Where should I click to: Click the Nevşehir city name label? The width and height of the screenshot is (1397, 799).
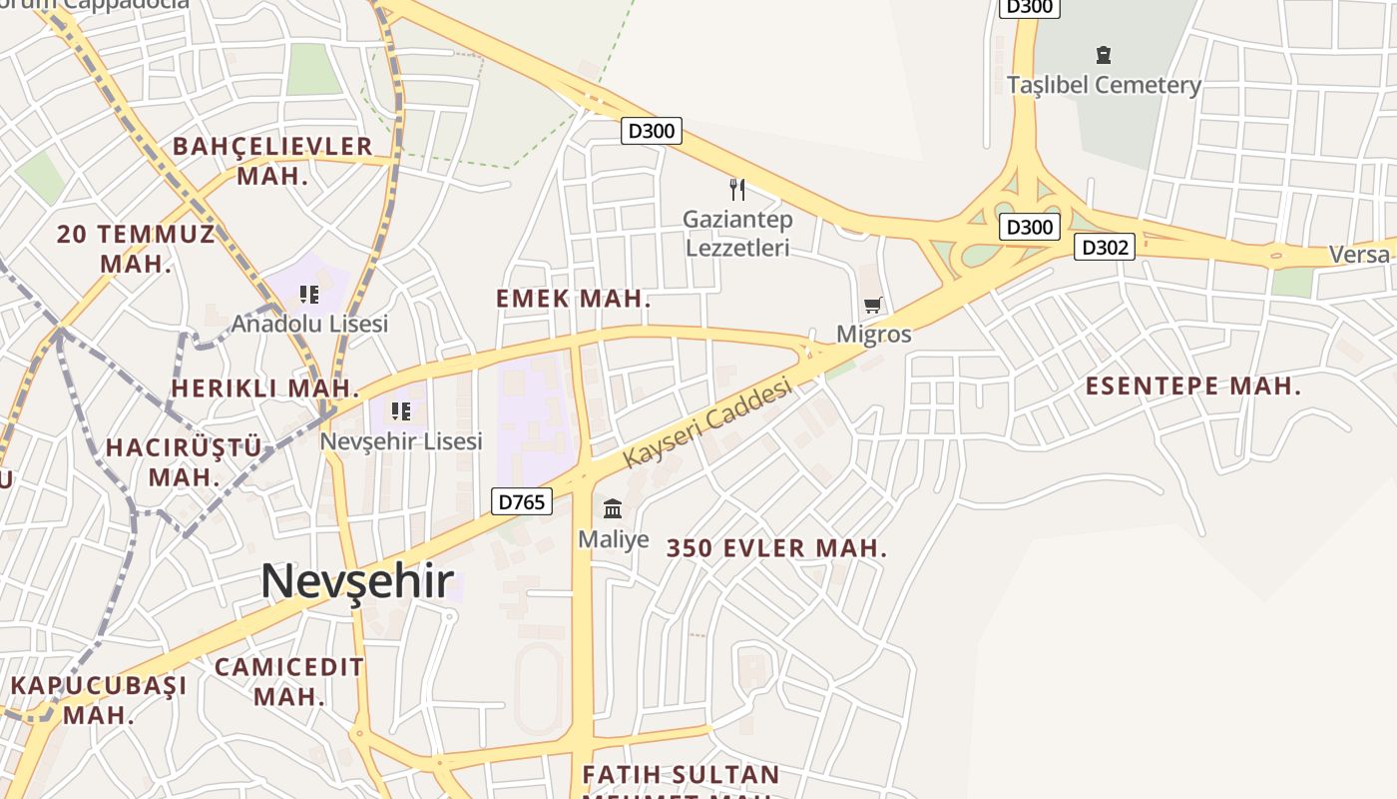point(357,582)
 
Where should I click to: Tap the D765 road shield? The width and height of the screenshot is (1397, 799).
point(522,501)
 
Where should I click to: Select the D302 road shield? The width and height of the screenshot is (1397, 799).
point(1105,247)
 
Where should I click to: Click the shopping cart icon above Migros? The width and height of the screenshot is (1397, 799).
point(873,305)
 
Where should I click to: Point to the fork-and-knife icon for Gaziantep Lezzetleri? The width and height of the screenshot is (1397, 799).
point(737,189)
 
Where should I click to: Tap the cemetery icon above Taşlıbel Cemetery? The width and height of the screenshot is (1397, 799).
point(1103,54)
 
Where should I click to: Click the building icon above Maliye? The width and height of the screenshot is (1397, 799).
point(613,509)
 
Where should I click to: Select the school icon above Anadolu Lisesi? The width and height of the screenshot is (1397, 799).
point(309,295)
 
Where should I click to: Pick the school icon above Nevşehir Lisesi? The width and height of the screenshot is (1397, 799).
point(401,411)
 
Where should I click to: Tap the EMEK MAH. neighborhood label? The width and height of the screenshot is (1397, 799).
point(573,299)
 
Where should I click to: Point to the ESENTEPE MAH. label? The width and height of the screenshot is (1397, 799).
point(1193,387)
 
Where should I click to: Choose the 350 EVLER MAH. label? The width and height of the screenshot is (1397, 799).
point(776,548)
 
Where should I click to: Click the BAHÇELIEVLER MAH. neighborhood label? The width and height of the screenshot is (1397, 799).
point(272,161)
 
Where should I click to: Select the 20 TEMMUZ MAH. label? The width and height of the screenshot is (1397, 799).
point(136,250)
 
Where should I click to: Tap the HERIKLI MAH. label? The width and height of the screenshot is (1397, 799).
point(264,389)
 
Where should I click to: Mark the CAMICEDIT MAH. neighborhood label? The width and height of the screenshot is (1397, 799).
point(289,681)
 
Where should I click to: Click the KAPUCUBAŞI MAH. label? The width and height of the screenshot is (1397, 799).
point(99,700)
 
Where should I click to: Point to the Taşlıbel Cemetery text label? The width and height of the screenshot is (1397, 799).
point(1104,86)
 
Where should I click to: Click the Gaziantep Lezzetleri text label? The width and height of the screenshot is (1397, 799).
point(737,233)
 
